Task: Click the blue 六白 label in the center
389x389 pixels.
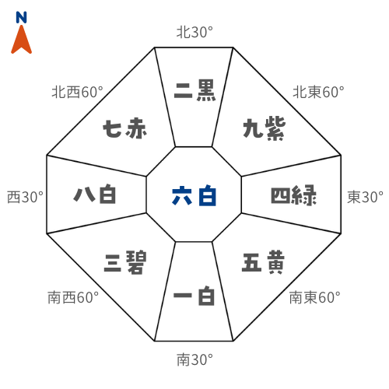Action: pos(194,195)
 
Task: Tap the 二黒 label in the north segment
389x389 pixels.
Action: pos(194,90)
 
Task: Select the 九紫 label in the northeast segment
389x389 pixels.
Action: pos(264,128)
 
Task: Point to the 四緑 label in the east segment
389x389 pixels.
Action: pos(293,195)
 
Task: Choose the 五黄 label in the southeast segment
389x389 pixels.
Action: pos(263,262)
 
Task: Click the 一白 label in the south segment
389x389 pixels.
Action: pos(194,296)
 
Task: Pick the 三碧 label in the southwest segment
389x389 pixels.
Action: pos(125,262)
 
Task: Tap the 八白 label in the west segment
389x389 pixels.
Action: pos(95,194)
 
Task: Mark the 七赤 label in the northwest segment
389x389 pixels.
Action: pos(125,128)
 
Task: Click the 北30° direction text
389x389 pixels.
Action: pos(194,33)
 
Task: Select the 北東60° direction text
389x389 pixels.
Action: pos(318,92)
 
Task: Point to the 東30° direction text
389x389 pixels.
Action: pos(365,197)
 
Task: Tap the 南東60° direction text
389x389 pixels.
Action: pos(315,297)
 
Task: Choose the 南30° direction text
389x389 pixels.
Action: pos(194,359)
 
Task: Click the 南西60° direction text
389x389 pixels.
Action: pos(73,297)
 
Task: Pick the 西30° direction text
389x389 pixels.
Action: pos(25,197)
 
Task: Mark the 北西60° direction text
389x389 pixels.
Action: pos(77,92)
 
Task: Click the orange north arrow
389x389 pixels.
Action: pos(21,41)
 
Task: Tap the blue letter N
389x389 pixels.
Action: pos(21,17)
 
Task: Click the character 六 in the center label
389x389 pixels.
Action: pos(182,195)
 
